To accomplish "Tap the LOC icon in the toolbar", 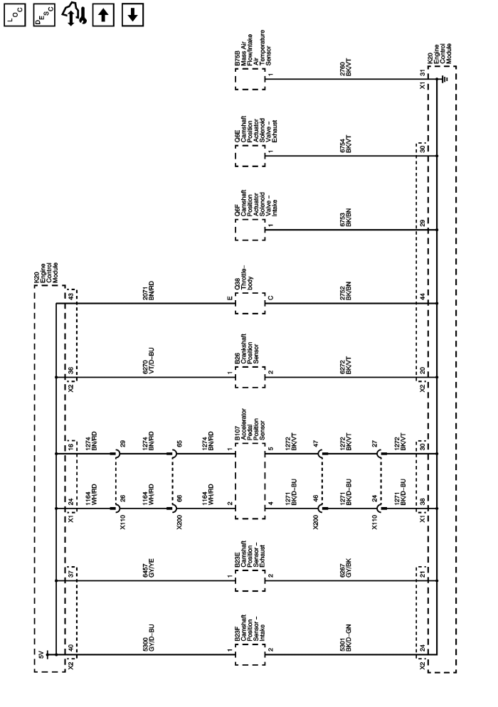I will click(x=14, y=15).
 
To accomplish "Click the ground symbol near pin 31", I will click(x=443, y=80).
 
